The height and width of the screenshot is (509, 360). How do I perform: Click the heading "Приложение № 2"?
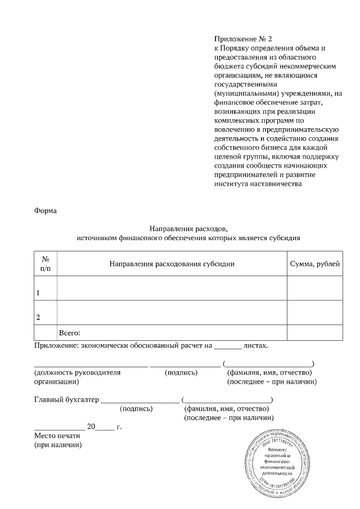(x=242, y=39)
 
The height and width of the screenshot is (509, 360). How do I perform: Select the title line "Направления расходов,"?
(x=188, y=229)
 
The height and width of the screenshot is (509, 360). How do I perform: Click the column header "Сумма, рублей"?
(x=314, y=264)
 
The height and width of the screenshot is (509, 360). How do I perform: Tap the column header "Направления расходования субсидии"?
(x=172, y=264)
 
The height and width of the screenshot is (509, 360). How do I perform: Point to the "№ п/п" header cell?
(x=46, y=264)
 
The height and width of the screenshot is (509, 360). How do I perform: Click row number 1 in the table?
(x=38, y=293)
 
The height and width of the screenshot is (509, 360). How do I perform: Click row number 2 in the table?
(x=38, y=317)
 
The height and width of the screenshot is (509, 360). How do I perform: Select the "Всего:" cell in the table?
(x=70, y=333)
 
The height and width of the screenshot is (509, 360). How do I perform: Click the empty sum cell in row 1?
(x=314, y=289)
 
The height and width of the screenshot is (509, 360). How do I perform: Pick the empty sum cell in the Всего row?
(x=314, y=333)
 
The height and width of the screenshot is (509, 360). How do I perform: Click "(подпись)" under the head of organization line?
(x=181, y=372)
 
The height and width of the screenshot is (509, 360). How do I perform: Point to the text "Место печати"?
(x=57, y=435)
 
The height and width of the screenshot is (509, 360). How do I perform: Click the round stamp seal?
(x=277, y=458)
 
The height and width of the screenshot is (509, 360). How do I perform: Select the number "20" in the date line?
(x=92, y=426)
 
